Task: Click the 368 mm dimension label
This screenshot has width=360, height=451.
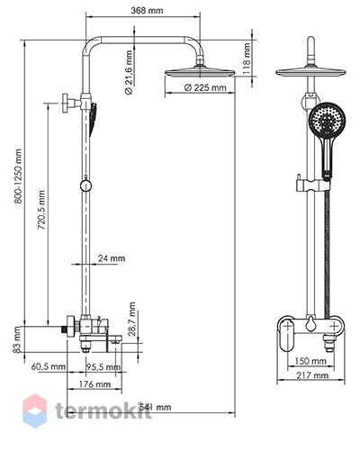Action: (147, 11)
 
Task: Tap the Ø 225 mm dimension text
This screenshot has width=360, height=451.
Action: (205, 87)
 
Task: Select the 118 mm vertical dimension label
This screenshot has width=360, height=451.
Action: (247, 59)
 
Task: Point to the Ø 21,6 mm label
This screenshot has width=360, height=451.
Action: (129, 73)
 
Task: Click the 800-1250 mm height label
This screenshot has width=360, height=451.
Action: (18, 176)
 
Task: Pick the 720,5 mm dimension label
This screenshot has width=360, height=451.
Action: (41, 210)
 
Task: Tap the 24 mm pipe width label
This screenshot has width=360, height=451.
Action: (112, 258)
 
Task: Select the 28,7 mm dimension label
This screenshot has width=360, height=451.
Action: (131, 319)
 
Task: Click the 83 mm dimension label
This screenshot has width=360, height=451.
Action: (17, 339)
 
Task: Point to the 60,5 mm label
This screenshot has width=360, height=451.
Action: (49, 366)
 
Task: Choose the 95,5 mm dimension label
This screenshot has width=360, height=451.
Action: (103, 366)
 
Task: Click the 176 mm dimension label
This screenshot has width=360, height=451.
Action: (94, 384)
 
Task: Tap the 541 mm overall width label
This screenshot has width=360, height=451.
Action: (155, 407)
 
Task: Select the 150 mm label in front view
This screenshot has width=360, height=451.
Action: (310, 361)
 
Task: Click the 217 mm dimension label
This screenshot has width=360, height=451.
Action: (312, 375)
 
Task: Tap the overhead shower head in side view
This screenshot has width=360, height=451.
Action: (200, 72)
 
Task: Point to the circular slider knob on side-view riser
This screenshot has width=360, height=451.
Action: (85, 186)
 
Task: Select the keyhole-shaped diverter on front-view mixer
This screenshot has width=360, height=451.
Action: (310, 325)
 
